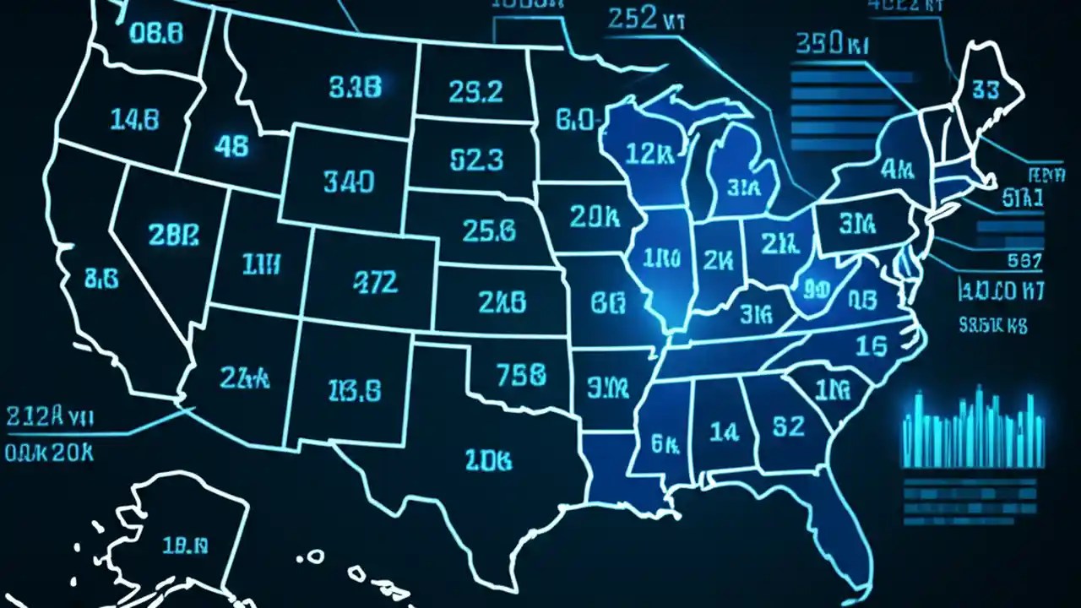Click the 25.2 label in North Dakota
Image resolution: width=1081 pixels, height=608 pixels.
[x=476, y=91]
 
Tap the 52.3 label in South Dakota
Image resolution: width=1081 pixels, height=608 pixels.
[x=476, y=159]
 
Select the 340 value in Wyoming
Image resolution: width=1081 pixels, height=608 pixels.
[x=349, y=181]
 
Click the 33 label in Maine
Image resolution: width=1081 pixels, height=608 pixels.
[x=986, y=90]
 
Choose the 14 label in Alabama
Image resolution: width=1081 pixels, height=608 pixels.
[x=724, y=432]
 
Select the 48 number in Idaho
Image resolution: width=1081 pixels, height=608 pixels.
[x=231, y=146]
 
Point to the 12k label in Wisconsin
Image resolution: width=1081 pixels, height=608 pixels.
[x=649, y=153]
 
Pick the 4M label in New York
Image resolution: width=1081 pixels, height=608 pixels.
[x=897, y=170]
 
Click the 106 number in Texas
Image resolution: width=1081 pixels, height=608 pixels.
[x=488, y=460]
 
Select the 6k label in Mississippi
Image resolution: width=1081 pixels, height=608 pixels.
[x=665, y=440]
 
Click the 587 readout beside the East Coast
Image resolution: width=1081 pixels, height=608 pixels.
[x=1025, y=260]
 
